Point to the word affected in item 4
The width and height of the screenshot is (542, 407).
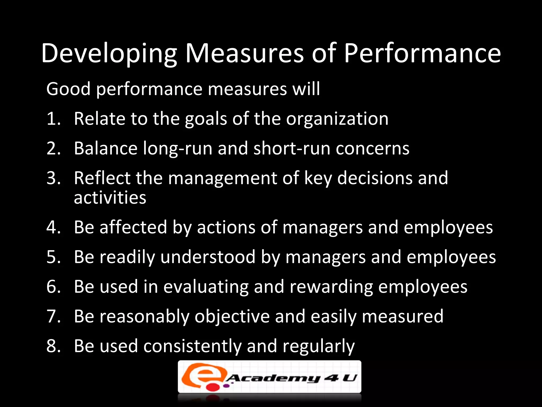point(133,227)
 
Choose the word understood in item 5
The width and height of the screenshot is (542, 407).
point(208,257)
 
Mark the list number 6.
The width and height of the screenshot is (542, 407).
point(53,287)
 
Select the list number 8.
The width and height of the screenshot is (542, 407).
point(53,346)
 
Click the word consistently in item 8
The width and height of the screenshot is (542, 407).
point(192,346)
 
